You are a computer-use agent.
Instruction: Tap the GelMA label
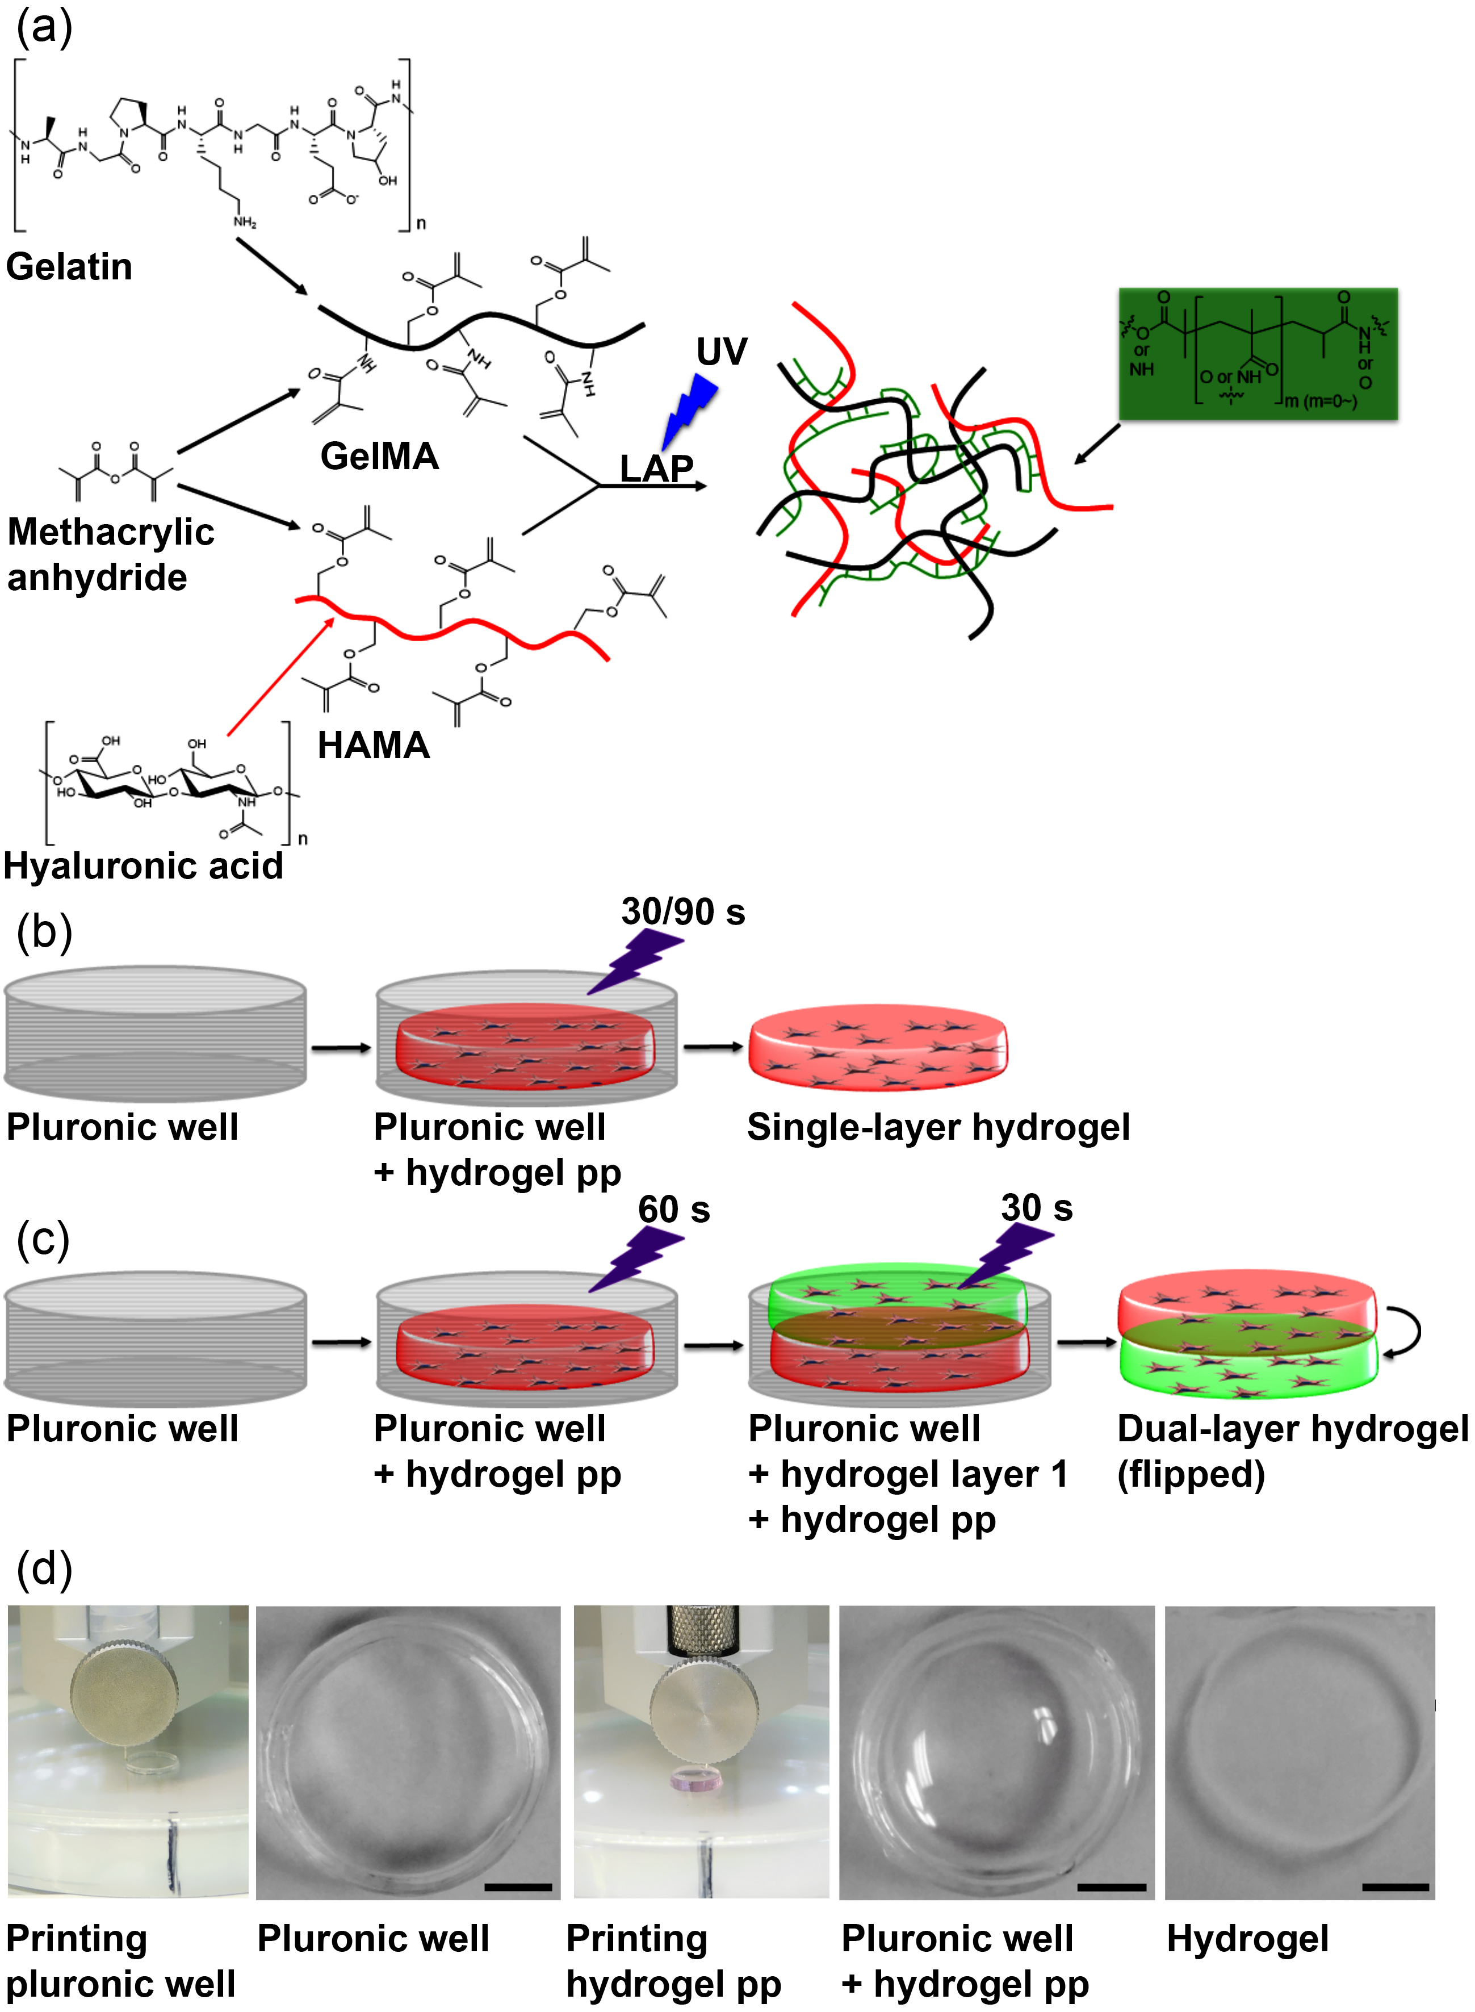[x=379, y=457]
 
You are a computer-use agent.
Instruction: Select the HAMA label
[x=373, y=745]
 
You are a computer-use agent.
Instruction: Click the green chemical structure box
[x=1257, y=354]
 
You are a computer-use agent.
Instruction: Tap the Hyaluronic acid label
[x=143, y=865]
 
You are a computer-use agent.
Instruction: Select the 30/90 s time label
[x=683, y=912]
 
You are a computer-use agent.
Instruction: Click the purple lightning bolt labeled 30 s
[x=1007, y=1254]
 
